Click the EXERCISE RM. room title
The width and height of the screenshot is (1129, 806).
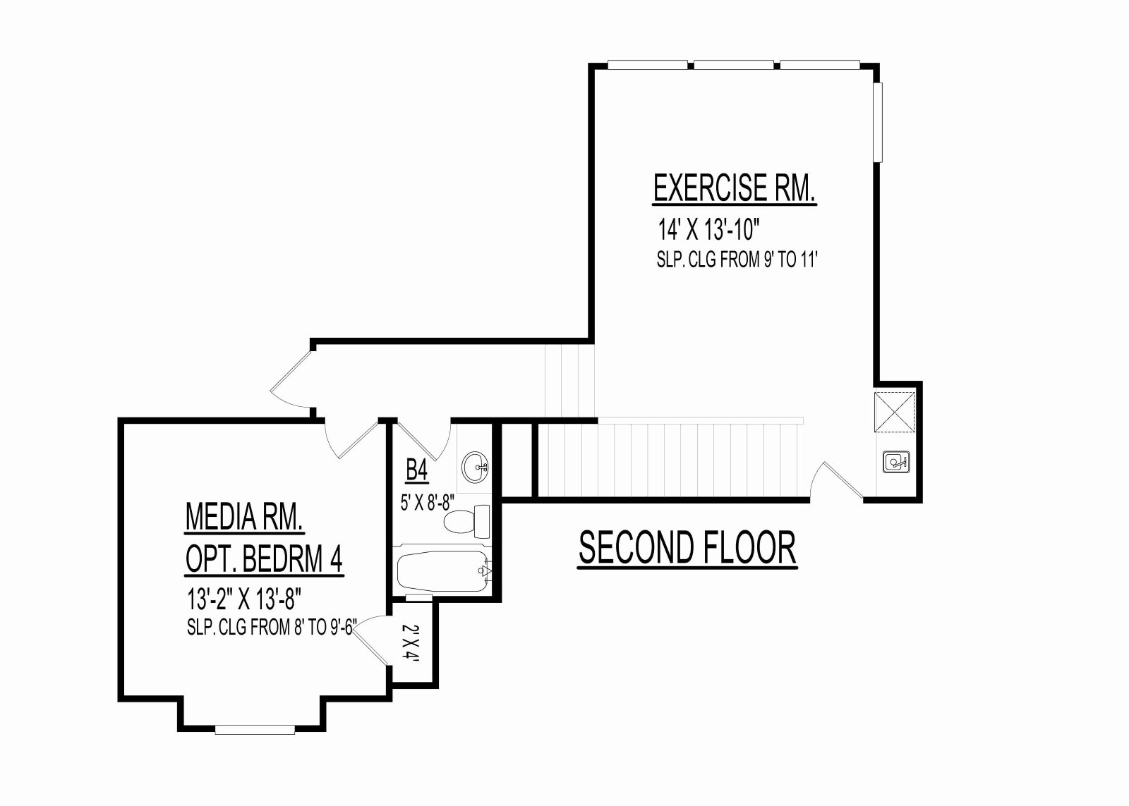pyautogui.click(x=735, y=188)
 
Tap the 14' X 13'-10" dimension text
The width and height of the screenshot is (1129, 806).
pyautogui.click(x=708, y=230)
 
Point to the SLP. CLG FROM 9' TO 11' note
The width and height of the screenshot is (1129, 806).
pyautogui.click(x=737, y=260)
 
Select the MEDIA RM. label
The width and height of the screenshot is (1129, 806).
pyautogui.click(x=244, y=517)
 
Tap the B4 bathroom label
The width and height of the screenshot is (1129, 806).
pyautogui.click(x=417, y=472)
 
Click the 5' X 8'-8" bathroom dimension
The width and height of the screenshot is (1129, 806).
pyautogui.click(x=428, y=502)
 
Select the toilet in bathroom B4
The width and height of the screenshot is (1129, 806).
pyautogui.click(x=466, y=521)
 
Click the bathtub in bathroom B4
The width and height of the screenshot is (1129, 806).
pyautogui.click(x=443, y=571)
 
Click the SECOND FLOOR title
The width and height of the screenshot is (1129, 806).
pyautogui.click(x=687, y=548)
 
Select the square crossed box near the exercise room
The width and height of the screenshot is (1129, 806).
pyautogui.click(x=895, y=412)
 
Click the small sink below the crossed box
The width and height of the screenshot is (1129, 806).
pyautogui.click(x=896, y=461)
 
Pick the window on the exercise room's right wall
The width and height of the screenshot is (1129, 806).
pyautogui.click(x=879, y=123)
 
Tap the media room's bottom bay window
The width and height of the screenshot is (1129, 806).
pyautogui.click(x=255, y=729)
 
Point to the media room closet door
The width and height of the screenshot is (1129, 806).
pyautogui.click(x=371, y=640)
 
